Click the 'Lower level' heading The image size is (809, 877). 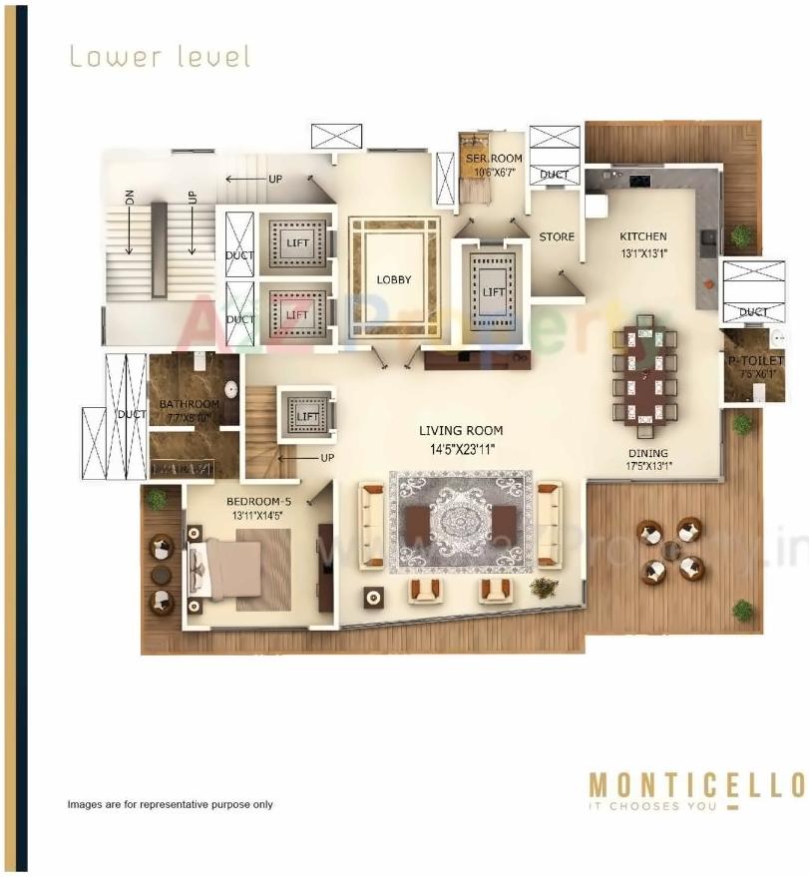pos(159,57)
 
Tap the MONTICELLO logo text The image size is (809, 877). pos(695,784)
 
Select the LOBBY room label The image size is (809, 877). pos(393,280)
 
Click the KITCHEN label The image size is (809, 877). pos(642,236)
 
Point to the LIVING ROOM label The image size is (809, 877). pos(460,431)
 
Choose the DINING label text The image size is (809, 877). pos(647,453)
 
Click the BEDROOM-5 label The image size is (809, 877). pos(256,501)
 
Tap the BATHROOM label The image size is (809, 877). pos(189,404)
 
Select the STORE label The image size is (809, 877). pos(557,236)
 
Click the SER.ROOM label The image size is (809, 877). pos(493,158)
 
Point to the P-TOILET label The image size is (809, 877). pos(754,360)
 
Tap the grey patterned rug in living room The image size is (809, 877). pos(460,522)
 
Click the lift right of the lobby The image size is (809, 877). pos(493,290)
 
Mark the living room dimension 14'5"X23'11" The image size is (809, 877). pos(460,449)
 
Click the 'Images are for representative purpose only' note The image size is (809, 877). pos(170,804)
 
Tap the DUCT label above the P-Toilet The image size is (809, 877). pos(754,312)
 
